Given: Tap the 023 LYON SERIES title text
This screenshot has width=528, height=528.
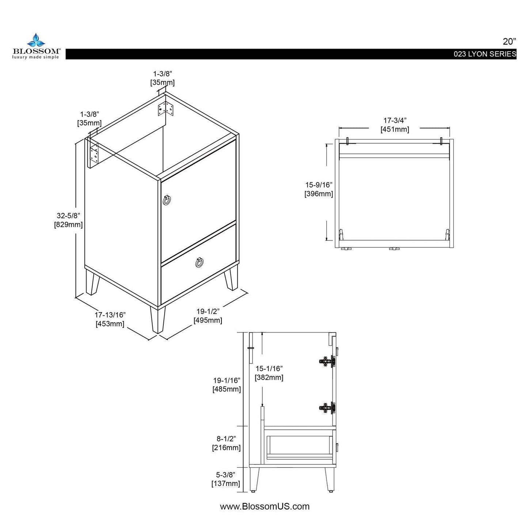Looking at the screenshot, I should point(485,54).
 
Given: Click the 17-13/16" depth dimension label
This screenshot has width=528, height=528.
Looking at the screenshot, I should point(110,319).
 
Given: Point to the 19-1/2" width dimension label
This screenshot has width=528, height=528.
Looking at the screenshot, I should point(208,316).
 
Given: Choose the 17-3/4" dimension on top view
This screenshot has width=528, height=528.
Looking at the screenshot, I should point(395,125).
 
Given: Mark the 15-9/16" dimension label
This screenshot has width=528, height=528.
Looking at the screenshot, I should point(319,189).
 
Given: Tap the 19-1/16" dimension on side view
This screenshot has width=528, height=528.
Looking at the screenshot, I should point(227,385).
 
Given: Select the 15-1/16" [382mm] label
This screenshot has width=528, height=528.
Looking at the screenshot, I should point(269,373).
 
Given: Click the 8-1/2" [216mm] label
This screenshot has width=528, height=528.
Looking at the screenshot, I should point(227,443).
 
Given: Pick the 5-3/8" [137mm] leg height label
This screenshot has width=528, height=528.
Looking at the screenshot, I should point(226,479).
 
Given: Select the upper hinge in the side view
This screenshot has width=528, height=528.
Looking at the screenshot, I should point(327,361).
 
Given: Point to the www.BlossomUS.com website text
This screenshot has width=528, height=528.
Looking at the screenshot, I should point(265,506).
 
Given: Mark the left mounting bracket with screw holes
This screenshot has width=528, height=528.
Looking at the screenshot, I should point(94,153).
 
